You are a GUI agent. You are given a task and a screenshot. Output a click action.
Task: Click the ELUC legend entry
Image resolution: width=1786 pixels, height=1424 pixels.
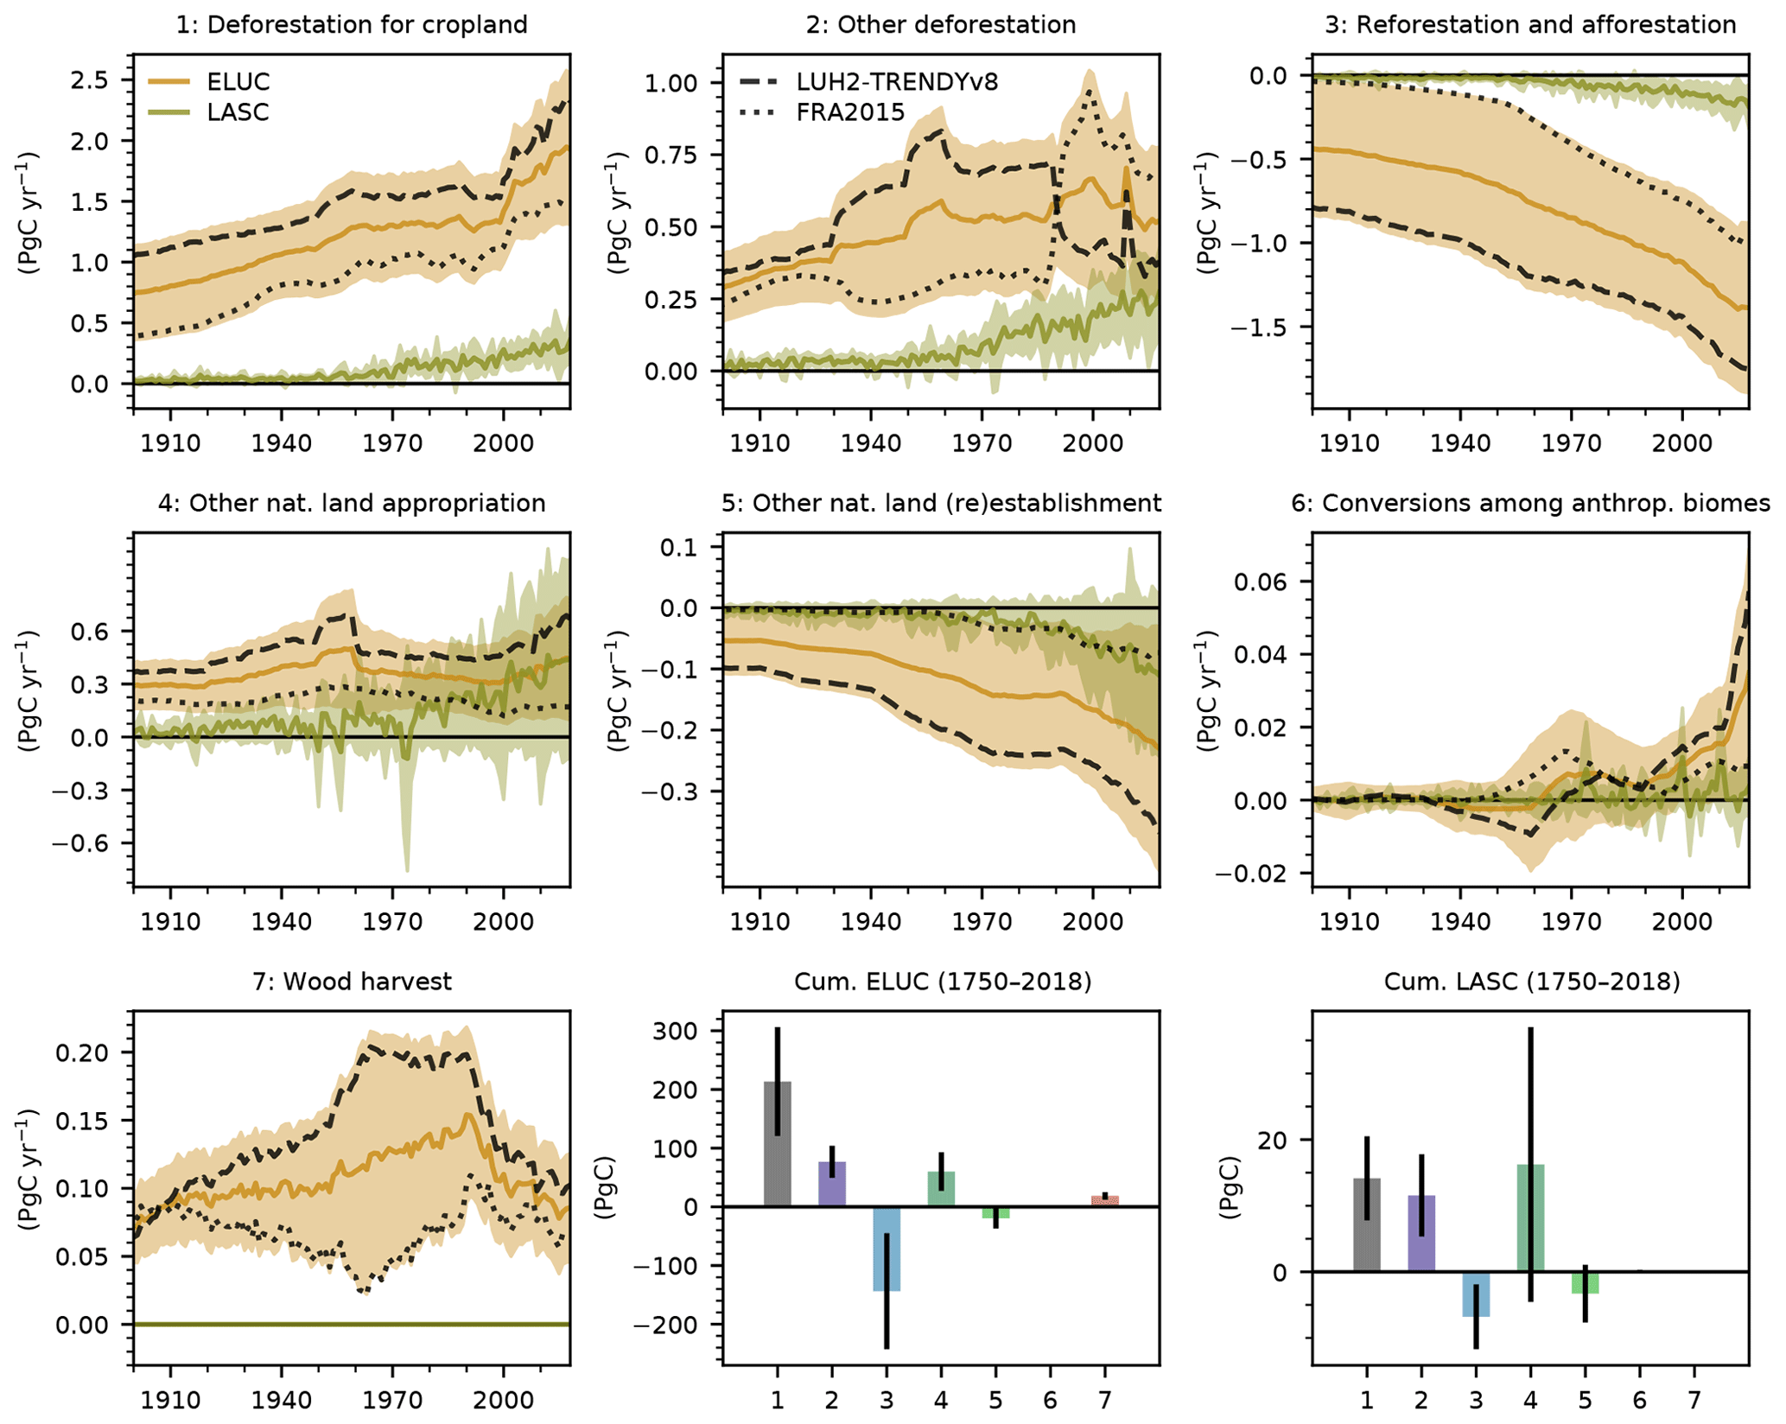(238, 82)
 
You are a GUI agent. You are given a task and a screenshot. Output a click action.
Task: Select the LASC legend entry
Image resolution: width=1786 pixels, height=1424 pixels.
(238, 112)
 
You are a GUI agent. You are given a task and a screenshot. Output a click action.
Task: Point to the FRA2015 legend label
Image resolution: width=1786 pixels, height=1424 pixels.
(850, 112)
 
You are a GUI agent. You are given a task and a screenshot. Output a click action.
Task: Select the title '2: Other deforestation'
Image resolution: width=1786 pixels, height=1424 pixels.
(940, 24)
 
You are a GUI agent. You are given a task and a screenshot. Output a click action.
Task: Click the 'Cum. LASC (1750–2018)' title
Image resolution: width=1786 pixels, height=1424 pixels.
(1531, 982)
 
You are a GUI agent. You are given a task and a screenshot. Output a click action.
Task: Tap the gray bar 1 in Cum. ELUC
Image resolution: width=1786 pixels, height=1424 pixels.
(778, 1144)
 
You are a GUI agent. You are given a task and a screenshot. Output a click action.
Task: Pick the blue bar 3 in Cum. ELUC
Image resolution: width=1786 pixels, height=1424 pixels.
(887, 1249)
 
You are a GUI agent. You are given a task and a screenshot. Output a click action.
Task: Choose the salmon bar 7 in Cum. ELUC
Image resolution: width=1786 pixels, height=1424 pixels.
(1105, 1201)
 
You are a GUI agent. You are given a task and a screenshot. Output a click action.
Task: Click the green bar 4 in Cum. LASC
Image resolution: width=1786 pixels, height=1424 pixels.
(1530, 1218)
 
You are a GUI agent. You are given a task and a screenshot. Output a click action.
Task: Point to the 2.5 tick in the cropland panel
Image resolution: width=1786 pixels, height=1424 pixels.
(90, 80)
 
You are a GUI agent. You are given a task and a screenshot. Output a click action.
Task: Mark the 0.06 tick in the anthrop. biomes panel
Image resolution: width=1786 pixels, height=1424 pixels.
(1262, 582)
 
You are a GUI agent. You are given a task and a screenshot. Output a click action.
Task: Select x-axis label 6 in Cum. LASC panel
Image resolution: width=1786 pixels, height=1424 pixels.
(1640, 1399)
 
